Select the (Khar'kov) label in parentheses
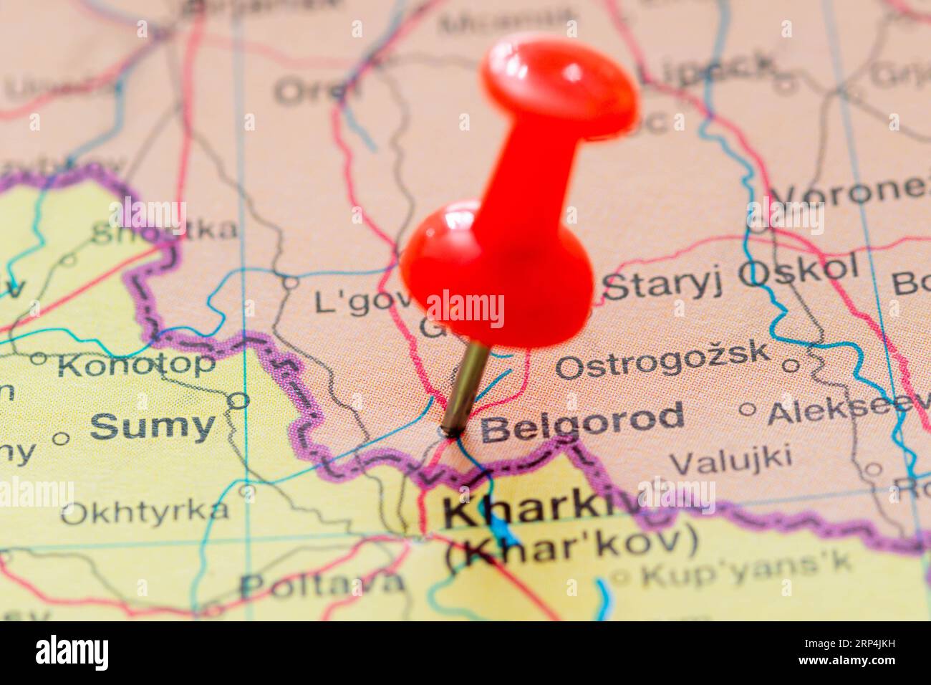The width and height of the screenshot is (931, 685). pyautogui.click(x=571, y=542)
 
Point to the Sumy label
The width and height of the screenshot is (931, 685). pyautogui.click(x=152, y=427)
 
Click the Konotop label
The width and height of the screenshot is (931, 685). pyautogui.click(x=136, y=365)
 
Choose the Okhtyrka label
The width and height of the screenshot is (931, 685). pyautogui.click(x=145, y=512)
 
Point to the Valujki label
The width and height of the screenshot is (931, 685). pyautogui.click(x=730, y=459)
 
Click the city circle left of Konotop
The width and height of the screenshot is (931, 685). pyautogui.click(x=38, y=358)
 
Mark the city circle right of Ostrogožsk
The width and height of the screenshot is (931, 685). pyautogui.click(x=790, y=365)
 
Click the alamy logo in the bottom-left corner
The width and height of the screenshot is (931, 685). pyautogui.click(x=72, y=653)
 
